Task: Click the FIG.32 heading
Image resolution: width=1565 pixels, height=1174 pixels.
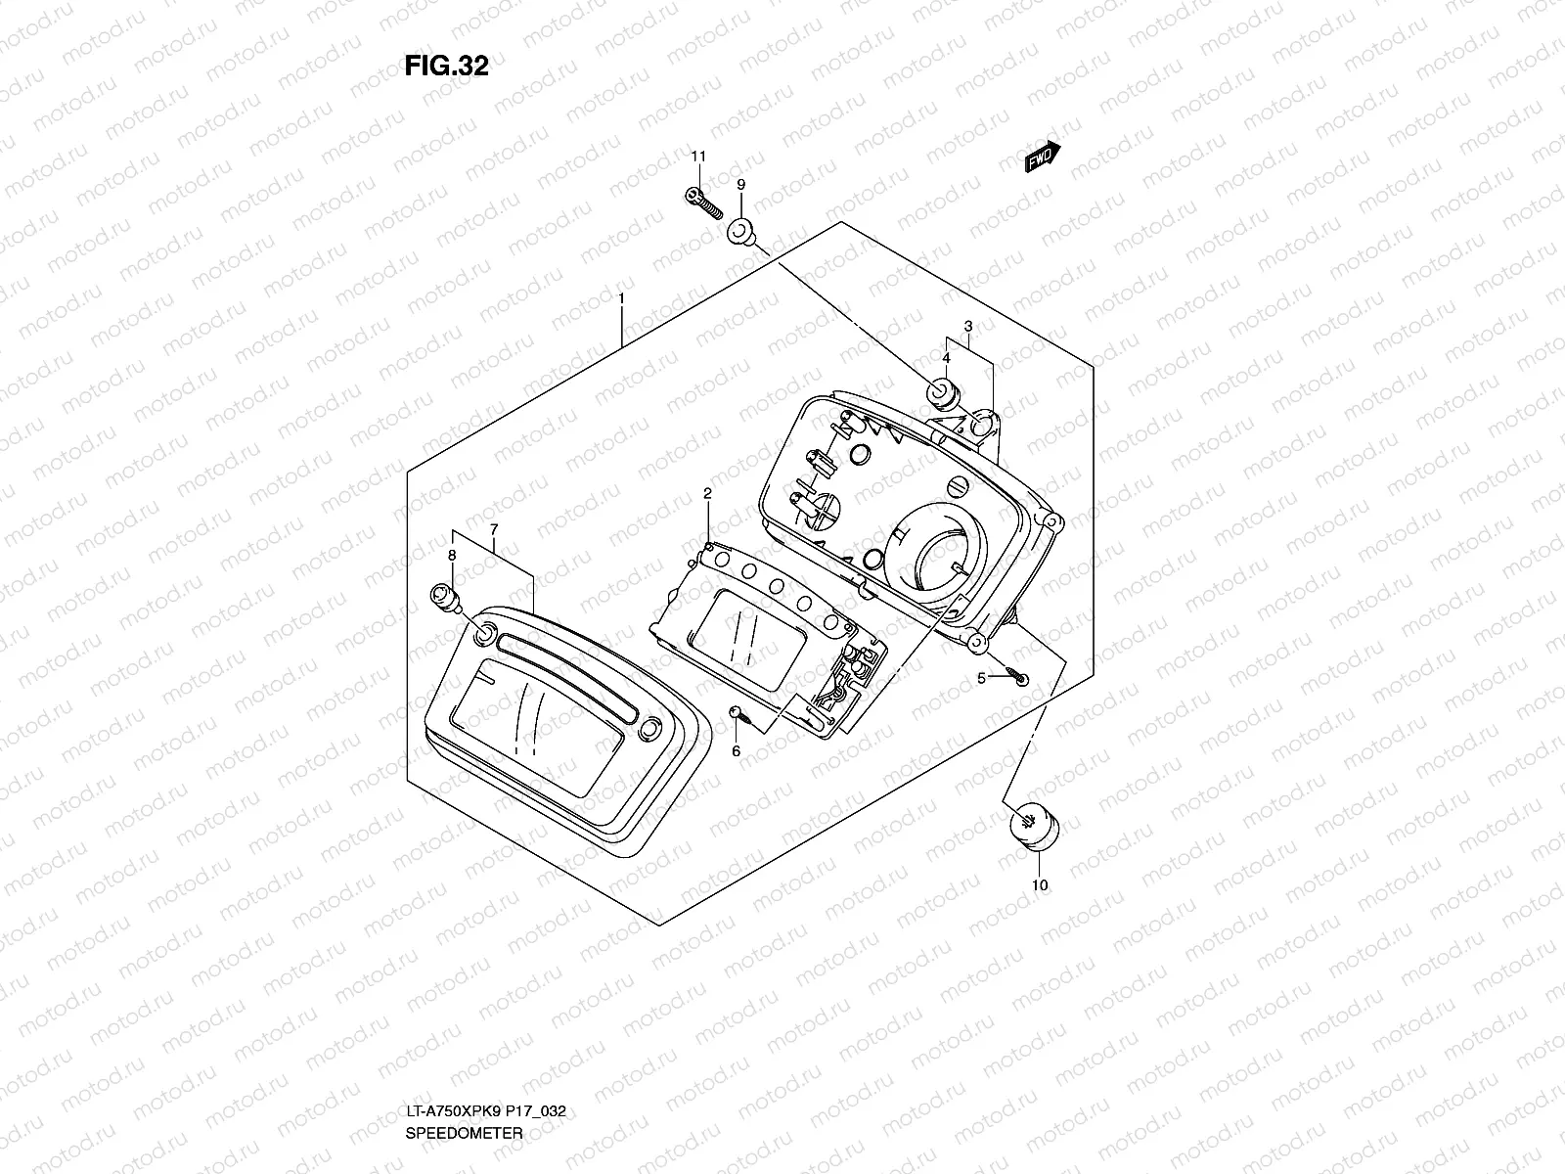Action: [446, 66]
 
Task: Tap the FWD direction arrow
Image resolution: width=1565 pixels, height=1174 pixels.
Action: [1043, 157]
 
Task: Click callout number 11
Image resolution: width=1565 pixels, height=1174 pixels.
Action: [697, 157]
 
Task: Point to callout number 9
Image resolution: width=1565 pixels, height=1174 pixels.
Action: [740, 184]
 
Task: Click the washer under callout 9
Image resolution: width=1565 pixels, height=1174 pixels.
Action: [741, 234]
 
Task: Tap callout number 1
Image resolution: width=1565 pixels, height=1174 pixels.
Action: [621, 296]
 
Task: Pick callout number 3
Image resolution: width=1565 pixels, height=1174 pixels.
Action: [967, 326]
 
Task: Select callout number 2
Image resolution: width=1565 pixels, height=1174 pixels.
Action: [706, 495]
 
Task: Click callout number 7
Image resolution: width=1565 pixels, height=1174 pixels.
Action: [494, 529]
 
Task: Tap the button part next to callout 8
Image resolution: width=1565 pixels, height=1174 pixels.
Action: [442, 598]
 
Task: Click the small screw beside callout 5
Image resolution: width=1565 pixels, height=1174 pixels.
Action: [1019, 677]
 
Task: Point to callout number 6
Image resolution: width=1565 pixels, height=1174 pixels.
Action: [737, 751]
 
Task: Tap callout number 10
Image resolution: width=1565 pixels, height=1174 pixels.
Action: [1039, 885]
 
